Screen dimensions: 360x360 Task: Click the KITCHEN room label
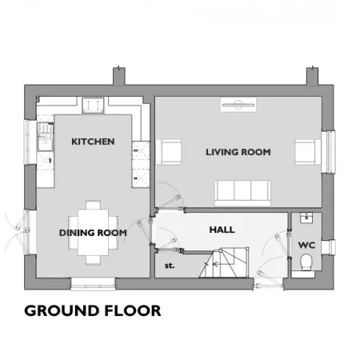93,142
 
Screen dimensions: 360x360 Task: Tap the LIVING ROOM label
238,152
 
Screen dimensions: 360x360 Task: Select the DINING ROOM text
93,233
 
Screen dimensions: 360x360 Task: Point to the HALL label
222,230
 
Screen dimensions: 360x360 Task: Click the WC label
306,245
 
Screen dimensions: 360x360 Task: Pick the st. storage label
170,266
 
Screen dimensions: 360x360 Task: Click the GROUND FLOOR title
93,310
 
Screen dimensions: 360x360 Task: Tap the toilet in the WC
306,262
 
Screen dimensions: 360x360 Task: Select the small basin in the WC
306,218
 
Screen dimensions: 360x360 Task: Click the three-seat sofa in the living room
242,193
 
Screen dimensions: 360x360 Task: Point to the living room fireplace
238,105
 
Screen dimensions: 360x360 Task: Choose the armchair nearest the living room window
308,152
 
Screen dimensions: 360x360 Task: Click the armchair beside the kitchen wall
169,152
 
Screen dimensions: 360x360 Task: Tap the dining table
93,232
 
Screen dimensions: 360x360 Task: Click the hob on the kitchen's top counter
93,106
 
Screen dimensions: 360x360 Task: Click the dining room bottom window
93,284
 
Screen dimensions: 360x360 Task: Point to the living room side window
329,152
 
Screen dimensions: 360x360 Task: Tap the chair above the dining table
93,205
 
